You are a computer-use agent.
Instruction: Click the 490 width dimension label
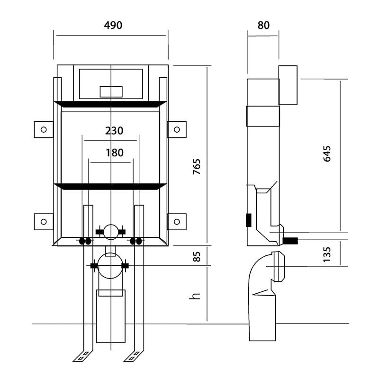(113, 25)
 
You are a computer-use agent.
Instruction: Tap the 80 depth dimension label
(263, 25)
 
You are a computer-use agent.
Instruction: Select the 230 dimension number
(114, 131)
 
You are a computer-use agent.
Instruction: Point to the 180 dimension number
(115, 153)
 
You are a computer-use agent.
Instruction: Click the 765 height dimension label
(197, 167)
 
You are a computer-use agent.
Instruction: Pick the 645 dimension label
(327, 153)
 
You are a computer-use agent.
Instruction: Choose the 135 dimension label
(327, 254)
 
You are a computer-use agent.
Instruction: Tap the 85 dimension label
(197, 257)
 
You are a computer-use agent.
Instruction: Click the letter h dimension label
(195, 296)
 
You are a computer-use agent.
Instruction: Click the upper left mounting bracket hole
(44, 129)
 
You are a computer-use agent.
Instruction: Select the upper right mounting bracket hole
(177, 129)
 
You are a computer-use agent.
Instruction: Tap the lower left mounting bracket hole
(44, 222)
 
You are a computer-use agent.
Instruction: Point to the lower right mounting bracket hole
(177, 222)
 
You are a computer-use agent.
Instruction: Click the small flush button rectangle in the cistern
(111, 92)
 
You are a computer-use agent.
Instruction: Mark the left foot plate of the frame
(83, 356)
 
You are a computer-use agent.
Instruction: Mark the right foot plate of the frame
(134, 356)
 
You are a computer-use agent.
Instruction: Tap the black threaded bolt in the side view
(290, 241)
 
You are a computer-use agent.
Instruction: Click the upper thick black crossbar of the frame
(110, 104)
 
